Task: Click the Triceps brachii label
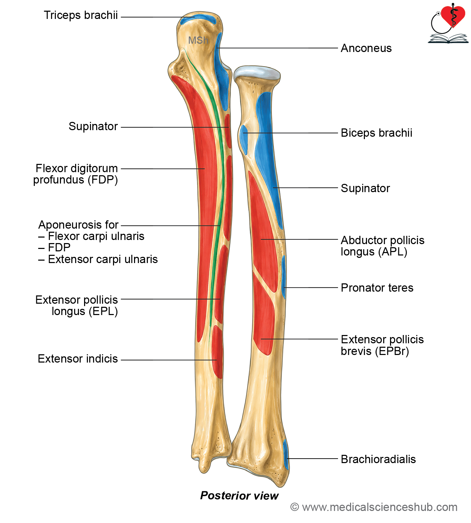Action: point(81,15)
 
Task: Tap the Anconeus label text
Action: point(366,48)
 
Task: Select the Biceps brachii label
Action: point(377,133)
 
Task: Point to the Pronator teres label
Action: point(377,288)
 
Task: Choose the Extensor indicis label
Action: point(78,359)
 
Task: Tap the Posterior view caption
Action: point(239,495)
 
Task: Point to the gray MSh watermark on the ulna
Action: point(198,40)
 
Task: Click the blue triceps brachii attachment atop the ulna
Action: point(198,20)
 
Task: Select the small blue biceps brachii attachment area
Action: point(244,139)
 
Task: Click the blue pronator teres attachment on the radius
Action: point(284,277)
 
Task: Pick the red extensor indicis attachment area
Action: point(217,352)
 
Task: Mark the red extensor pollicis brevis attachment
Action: point(264,315)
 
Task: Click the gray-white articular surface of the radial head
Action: point(257,73)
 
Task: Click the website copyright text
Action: point(374,508)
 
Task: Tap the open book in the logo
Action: point(448,39)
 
